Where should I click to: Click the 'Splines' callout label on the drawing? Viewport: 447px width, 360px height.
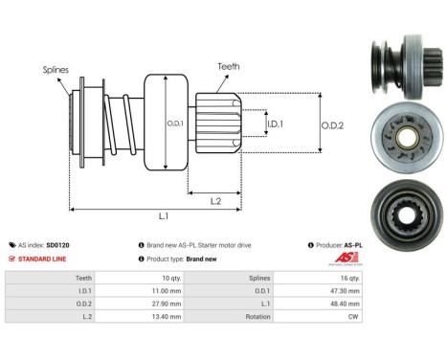tap(55, 70)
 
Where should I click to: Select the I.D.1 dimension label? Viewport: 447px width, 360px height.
tap(274, 124)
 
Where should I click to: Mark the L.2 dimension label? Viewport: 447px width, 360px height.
tap(217, 199)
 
